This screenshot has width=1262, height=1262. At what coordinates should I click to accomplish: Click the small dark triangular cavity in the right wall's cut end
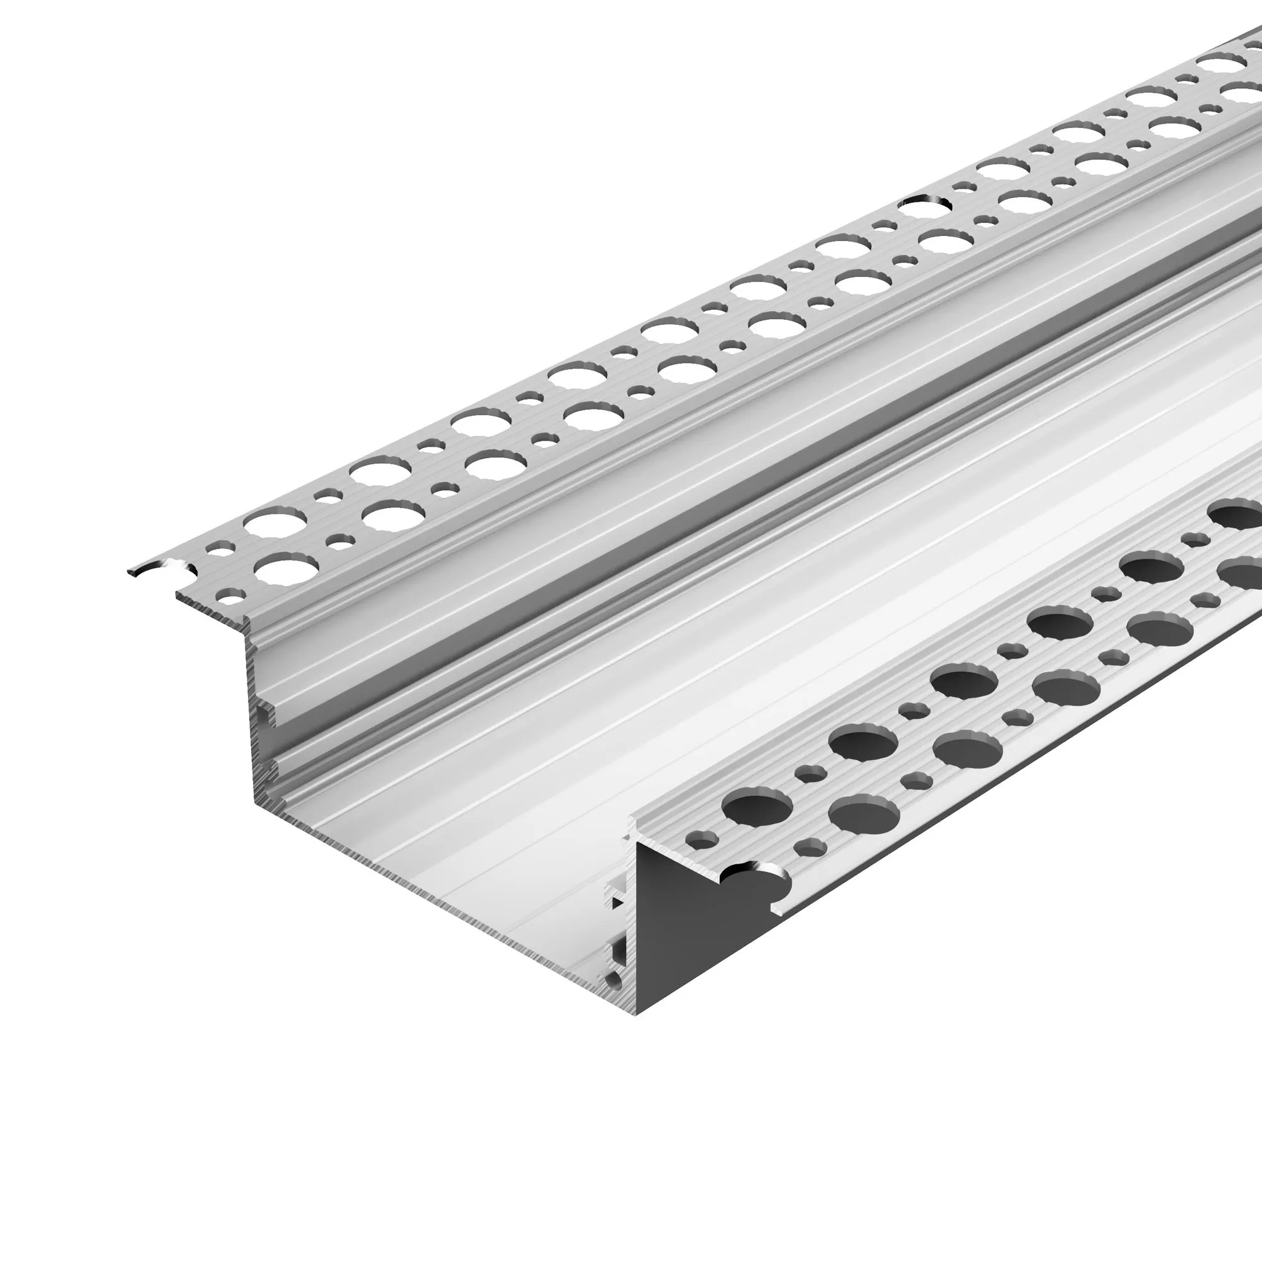tap(616, 904)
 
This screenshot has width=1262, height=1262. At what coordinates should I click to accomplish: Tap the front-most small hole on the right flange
tap(703, 840)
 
